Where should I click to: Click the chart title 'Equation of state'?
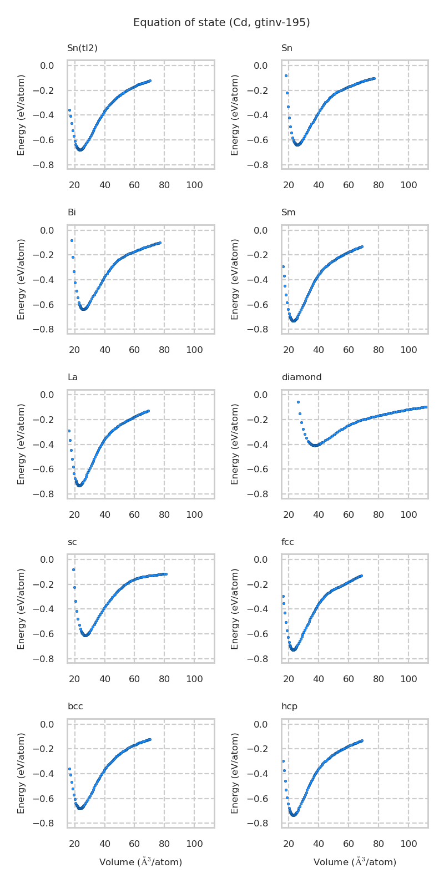[221, 23]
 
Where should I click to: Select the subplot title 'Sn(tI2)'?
[82, 48]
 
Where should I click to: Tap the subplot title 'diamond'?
[301, 377]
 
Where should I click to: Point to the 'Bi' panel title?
[72, 213]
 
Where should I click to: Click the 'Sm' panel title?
[289, 213]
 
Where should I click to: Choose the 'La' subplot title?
[73, 377]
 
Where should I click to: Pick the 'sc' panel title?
[72, 542]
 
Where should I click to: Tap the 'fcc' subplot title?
[287, 542]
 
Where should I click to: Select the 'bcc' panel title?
[75, 707]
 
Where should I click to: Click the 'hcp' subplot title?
[289, 707]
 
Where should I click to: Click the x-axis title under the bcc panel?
[140, 862]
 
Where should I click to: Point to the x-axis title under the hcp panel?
[355, 862]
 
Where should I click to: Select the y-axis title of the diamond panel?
[235, 444]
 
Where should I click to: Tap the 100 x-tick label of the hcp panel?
[408, 844]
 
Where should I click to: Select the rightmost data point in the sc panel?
[165, 574]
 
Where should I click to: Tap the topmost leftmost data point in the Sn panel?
[286, 75]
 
